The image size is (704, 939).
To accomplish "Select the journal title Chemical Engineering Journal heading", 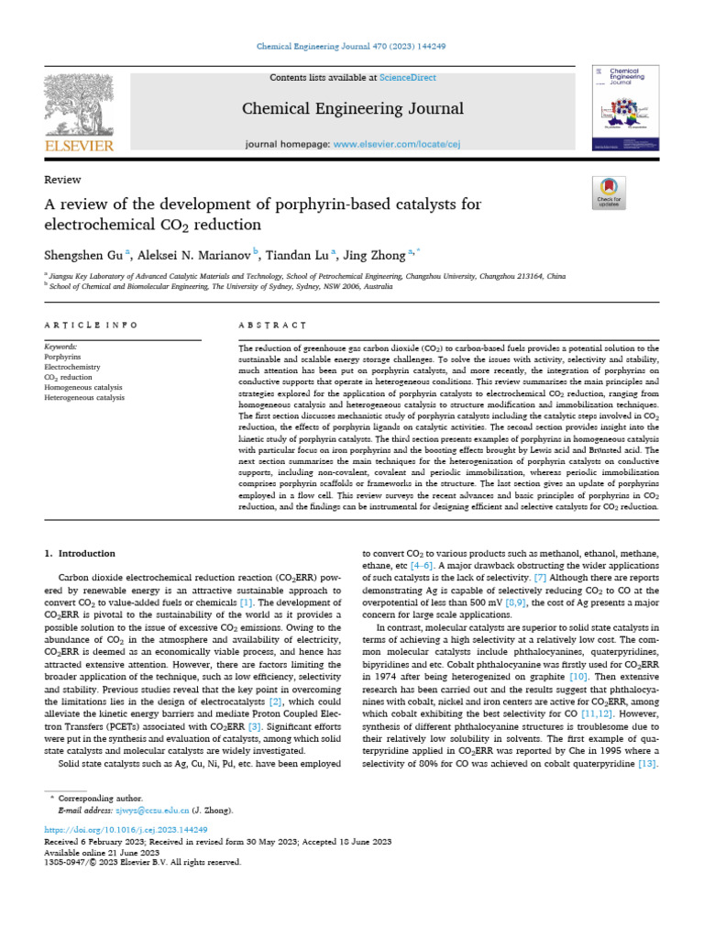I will (x=353, y=109).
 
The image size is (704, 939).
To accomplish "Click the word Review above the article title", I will (x=62, y=180).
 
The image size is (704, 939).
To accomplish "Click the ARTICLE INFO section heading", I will (x=91, y=325).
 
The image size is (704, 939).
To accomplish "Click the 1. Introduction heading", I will (x=80, y=553).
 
